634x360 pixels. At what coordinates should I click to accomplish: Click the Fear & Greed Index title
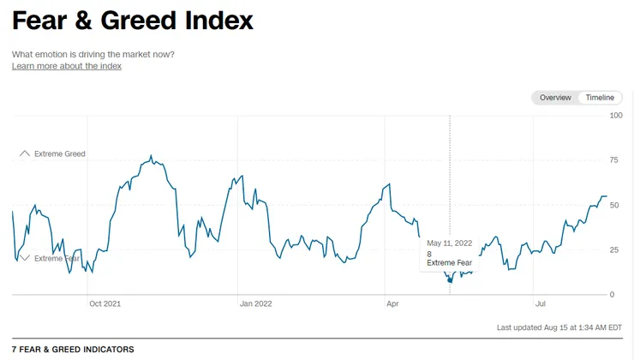(x=133, y=21)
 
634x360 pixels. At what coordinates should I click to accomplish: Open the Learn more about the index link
(x=67, y=66)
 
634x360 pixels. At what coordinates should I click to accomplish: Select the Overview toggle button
(x=555, y=98)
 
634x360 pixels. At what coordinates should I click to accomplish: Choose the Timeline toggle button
(x=600, y=98)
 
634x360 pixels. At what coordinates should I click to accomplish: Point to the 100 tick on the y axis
(x=616, y=115)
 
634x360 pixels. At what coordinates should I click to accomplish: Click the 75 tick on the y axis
(x=613, y=160)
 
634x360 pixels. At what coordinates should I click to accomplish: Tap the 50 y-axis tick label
(x=613, y=205)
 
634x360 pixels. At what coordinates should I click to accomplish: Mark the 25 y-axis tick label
(x=613, y=249)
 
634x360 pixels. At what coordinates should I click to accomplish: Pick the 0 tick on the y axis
(x=612, y=295)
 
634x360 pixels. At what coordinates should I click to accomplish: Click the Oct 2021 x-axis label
(x=105, y=303)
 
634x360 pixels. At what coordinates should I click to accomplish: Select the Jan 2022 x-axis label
(x=256, y=303)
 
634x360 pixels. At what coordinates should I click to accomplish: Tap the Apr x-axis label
(x=392, y=303)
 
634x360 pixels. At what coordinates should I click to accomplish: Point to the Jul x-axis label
(x=540, y=303)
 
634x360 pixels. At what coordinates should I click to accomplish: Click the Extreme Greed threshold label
(x=60, y=153)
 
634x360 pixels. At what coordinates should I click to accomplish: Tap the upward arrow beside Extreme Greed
(x=25, y=153)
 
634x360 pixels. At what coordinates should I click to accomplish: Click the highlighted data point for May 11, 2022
(x=450, y=280)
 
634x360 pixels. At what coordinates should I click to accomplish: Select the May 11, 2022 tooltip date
(x=450, y=243)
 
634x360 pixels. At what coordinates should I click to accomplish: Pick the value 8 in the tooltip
(x=429, y=254)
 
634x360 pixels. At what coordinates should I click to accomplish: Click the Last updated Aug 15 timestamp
(x=559, y=327)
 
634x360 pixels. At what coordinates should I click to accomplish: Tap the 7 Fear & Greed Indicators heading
(x=73, y=350)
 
